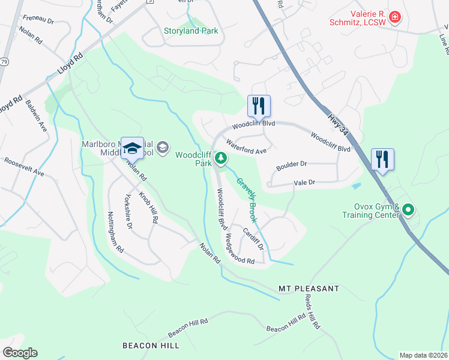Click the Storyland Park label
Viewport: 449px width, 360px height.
click(191, 31)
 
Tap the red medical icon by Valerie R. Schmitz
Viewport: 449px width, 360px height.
click(394, 16)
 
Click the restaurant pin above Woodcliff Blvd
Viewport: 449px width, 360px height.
click(259, 106)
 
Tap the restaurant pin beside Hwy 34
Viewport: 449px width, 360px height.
click(382, 160)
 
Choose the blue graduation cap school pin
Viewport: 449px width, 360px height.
click(132, 148)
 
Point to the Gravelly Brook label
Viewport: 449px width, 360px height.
click(246, 200)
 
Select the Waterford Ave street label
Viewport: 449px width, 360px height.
click(246, 147)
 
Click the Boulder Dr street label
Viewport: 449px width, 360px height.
click(291, 163)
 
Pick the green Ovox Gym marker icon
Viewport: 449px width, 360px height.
click(408, 209)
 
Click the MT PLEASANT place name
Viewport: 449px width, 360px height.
click(309, 289)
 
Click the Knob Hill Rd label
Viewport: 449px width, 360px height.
click(148, 208)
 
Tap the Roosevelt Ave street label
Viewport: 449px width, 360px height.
click(24, 167)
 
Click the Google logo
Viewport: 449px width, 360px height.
click(20, 353)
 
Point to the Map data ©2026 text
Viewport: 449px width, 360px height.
click(423, 355)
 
